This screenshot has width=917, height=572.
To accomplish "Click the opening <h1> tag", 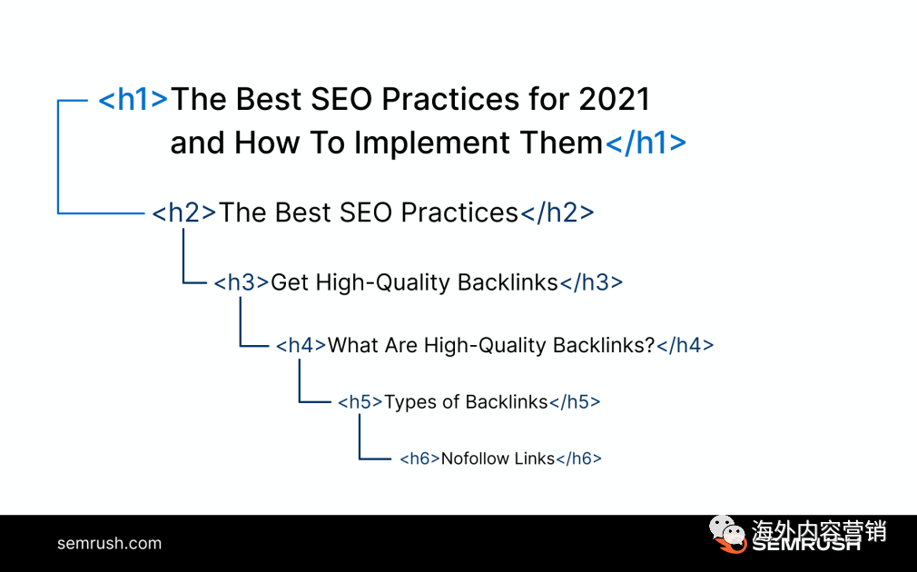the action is (x=133, y=99).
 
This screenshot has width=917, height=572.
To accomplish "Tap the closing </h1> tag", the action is (x=645, y=143).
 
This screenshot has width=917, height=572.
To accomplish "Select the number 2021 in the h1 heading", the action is (x=614, y=99).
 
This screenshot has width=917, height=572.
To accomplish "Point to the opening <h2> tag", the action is (x=184, y=212).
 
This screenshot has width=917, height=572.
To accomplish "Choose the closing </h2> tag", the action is (x=557, y=212).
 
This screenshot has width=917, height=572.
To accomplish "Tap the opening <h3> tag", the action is (x=242, y=282).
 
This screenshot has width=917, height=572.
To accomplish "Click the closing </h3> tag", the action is (x=591, y=282).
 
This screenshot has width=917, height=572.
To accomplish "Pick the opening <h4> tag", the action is (x=301, y=345).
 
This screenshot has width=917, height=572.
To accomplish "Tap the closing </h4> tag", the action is (x=685, y=345).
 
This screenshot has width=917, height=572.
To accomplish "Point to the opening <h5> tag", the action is (x=360, y=402).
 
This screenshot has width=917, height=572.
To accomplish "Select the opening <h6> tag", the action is (x=419, y=459).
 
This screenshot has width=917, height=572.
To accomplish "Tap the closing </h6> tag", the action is (x=578, y=459).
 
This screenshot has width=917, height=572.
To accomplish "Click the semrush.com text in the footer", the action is (x=109, y=543).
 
